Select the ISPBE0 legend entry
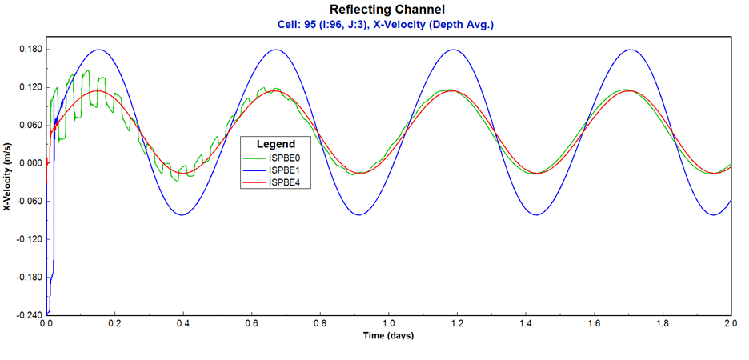(283, 158)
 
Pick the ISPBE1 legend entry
(283, 170)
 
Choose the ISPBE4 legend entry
(283, 183)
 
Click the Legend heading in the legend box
(275, 144)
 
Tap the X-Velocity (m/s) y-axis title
(7, 182)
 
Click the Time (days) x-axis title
(388, 335)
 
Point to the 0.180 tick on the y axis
(29, 50)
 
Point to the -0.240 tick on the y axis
(27, 315)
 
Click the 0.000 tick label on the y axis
(29, 163)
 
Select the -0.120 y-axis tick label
(27, 239)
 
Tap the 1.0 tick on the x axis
(388, 324)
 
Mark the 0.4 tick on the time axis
(183, 324)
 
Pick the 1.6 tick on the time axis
(594, 324)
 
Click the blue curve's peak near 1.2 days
(455, 50)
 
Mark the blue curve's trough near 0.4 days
(182, 214)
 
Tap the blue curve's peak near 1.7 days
(632, 50)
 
